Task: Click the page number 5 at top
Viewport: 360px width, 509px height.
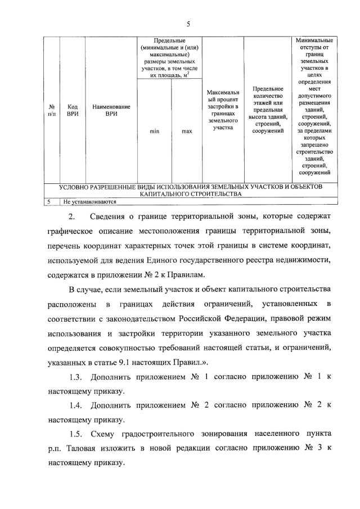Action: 189,23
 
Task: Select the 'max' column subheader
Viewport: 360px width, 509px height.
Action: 187,132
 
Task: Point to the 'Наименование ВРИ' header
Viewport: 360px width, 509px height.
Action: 111,110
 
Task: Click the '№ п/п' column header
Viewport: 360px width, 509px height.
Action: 51,110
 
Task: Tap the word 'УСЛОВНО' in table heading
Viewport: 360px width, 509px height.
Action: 78,186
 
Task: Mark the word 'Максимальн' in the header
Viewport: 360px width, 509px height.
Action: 223,92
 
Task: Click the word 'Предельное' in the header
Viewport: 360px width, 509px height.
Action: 268,88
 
